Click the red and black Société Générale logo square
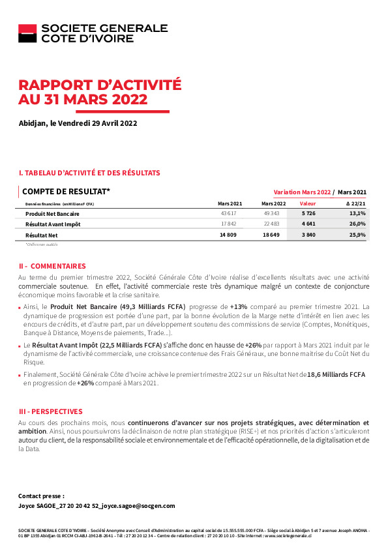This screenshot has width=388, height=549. (x=27, y=33)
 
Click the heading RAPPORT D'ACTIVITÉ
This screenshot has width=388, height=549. (x=100, y=85)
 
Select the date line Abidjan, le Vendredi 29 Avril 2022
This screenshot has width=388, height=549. (x=78, y=123)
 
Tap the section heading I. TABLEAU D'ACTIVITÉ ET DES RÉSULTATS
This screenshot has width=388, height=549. (x=89, y=173)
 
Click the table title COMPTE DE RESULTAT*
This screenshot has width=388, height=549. (x=66, y=192)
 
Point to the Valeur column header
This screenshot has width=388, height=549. (x=307, y=203)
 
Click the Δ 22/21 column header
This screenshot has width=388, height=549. (x=355, y=203)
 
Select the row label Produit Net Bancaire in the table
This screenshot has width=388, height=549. (x=52, y=213)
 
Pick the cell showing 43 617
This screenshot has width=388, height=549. (x=229, y=213)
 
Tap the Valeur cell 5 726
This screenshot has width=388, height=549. (x=308, y=213)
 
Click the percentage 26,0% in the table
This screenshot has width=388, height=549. (x=357, y=224)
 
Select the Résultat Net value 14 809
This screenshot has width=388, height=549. (x=228, y=234)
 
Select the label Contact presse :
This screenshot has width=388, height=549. (x=41, y=496)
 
